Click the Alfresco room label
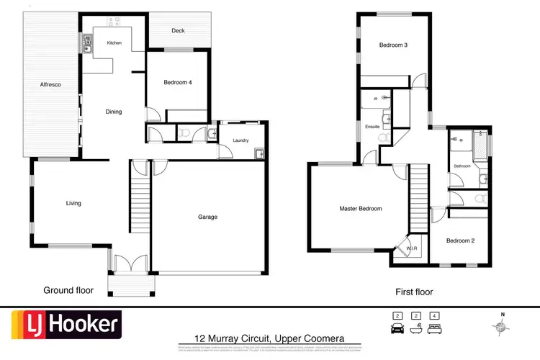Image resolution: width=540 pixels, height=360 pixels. [x=50, y=85]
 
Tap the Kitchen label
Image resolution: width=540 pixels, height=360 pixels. [x=114, y=43]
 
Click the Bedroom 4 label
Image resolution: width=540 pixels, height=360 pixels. [x=178, y=83]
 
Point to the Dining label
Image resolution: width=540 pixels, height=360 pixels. [x=114, y=112]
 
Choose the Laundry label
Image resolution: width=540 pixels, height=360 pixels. [x=240, y=140]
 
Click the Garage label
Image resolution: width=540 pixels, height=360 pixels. [x=208, y=217]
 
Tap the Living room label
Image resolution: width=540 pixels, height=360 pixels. [x=73, y=203]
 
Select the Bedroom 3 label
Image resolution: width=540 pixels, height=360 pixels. [x=394, y=45]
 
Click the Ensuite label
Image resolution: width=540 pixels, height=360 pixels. [x=372, y=127]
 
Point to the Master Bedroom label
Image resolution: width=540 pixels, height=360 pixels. [x=361, y=209]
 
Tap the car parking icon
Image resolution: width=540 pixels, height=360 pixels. [x=397, y=328]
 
